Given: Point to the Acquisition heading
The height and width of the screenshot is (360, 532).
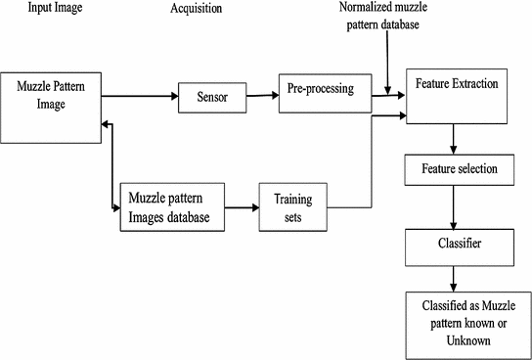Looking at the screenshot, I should click(196, 9).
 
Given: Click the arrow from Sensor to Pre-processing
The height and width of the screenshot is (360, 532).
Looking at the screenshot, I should click(259, 96).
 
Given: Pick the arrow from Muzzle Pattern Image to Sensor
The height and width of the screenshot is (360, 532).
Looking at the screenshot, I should click(138, 97).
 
